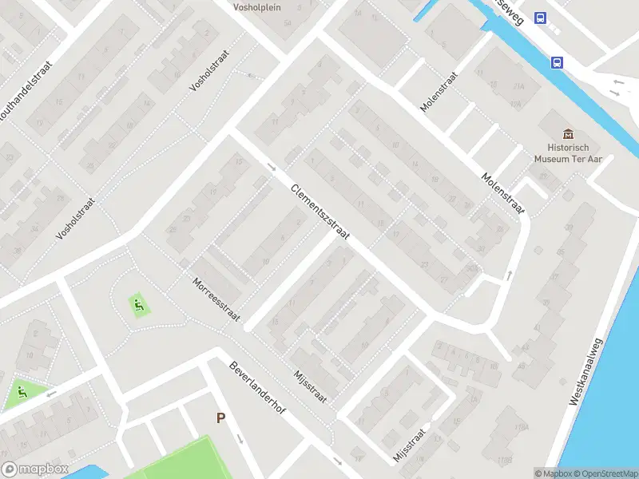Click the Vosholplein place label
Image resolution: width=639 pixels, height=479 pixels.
[x=256, y=8]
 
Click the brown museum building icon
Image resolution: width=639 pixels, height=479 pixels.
[x=568, y=133]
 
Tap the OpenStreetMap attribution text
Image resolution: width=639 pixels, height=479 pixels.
[x=604, y=473]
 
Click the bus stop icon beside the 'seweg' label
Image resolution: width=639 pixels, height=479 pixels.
[x=541, y=18]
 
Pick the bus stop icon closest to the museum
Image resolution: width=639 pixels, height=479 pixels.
[x=557, y=62]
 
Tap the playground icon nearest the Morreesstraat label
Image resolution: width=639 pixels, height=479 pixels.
[x=138, y=303]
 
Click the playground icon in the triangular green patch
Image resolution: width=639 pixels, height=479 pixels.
[x=20, y=393]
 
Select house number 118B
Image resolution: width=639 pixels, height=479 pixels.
[x=504, y=461]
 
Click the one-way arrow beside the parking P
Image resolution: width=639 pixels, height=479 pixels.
[x=239, y=438]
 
